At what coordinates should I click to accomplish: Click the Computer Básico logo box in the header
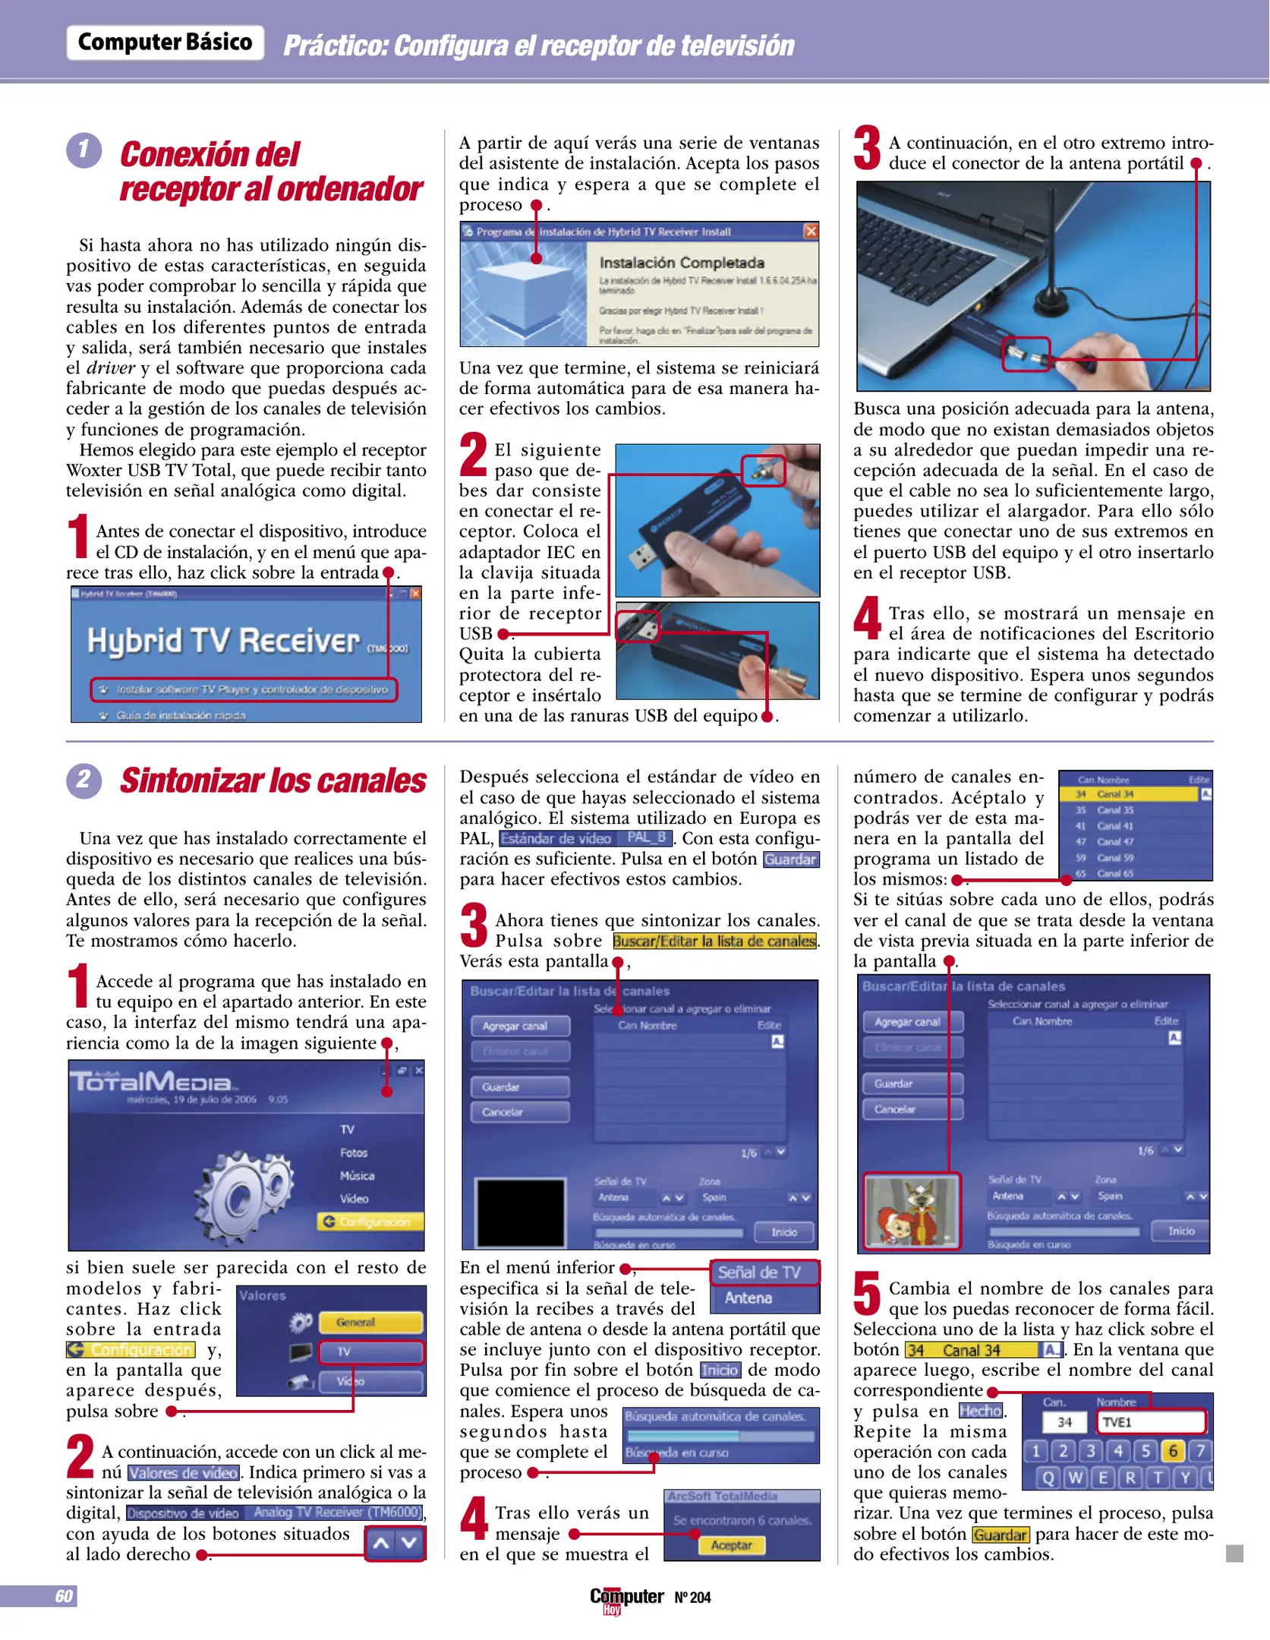point(165,43)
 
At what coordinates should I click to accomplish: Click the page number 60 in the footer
point(64,1596)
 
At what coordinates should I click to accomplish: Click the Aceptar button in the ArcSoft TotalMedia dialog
point(731,1545)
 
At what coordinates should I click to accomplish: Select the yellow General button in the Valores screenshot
point(370,1322)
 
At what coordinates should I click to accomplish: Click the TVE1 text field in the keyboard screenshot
point(1151,1422)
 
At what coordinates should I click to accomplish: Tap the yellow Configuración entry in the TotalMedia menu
point(370,1222)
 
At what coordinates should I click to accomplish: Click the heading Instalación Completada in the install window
point(681,263)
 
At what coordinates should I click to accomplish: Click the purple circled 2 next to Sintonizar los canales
point(84,780)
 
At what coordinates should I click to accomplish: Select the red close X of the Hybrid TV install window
point(811,231)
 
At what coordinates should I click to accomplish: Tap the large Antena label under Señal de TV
point(748,1298)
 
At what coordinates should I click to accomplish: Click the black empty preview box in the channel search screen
point(520,1213)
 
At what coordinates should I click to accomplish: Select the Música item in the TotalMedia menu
point(357,1175)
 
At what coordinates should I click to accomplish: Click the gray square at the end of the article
point(1234,1553)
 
